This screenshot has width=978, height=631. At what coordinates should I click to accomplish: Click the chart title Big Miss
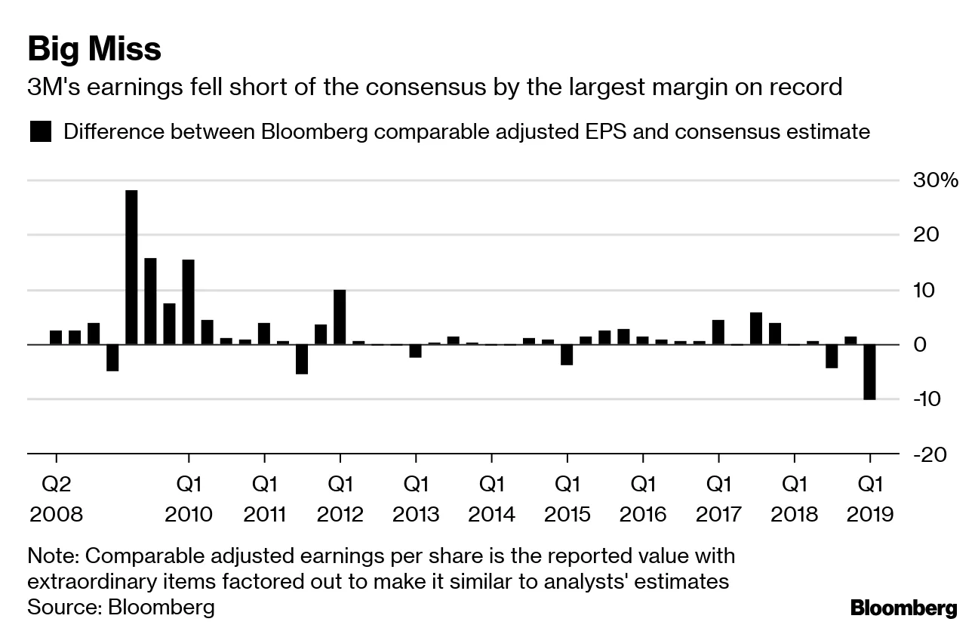pos(94,50)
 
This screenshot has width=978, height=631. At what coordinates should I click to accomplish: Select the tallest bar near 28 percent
pos(131,267)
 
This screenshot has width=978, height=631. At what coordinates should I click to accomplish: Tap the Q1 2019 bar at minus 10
pos(869,372)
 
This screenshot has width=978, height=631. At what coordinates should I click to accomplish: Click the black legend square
pos(40,132)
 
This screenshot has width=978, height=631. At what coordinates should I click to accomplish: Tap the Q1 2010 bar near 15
pos(188,302)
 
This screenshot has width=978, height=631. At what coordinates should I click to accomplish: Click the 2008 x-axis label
pos(56,515)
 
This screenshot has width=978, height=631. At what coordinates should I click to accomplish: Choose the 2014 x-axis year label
pos(491,515)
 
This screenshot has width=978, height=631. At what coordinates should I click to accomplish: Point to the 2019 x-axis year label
pos(870,515)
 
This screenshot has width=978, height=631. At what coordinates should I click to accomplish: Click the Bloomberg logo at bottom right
pos(903,608)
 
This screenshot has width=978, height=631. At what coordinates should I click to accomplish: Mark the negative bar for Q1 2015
pos(567,355)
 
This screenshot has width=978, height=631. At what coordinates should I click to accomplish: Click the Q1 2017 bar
pos(718,332)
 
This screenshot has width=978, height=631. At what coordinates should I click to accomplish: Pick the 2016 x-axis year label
pos(643,515)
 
